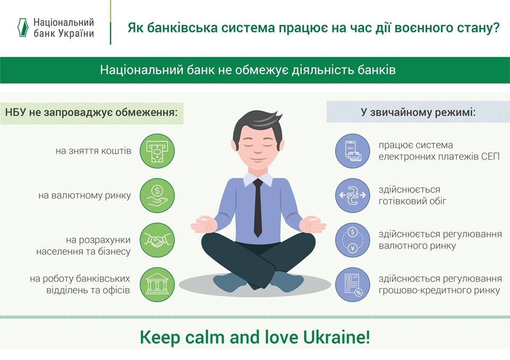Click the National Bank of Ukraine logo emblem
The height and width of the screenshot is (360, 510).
[23, 28]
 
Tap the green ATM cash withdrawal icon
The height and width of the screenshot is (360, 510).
[157, 151]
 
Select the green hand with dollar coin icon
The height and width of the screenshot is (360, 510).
[157, 195]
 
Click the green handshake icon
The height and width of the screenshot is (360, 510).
[157, 240]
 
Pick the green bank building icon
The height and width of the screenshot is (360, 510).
[157, 285]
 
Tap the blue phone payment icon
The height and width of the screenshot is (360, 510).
[353, 151]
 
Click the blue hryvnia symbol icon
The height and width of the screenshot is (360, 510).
[353, 195]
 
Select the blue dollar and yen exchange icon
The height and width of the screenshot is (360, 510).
[353, 240]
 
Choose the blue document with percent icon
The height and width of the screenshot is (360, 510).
[353, 285]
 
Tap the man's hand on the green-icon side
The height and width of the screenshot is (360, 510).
[204, 225]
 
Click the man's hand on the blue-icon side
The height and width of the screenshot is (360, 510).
[312, 225]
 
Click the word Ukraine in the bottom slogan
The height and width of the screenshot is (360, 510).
[337, 337]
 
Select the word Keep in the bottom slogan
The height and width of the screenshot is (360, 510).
[159, 338]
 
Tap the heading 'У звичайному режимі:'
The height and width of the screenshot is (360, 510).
[418, 112]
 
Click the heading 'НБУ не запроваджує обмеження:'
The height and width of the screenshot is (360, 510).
[91, 113]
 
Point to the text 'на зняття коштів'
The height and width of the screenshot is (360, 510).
[93, 151]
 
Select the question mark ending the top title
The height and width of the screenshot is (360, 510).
[496, 28]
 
